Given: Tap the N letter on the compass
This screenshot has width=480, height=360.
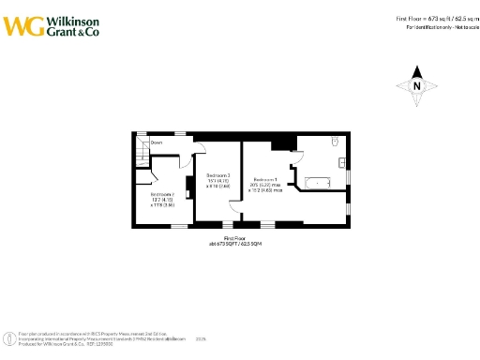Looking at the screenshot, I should coord(418,86).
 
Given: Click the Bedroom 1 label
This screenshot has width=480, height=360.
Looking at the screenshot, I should coord(265,178).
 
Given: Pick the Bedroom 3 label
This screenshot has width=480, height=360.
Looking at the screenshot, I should coord(217,175).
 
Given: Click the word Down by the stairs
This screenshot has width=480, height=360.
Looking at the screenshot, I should coord(157,142).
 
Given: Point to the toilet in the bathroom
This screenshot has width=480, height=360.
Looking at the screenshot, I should coord(335,141).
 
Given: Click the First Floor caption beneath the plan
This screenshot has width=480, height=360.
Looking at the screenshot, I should coord(234,239).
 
